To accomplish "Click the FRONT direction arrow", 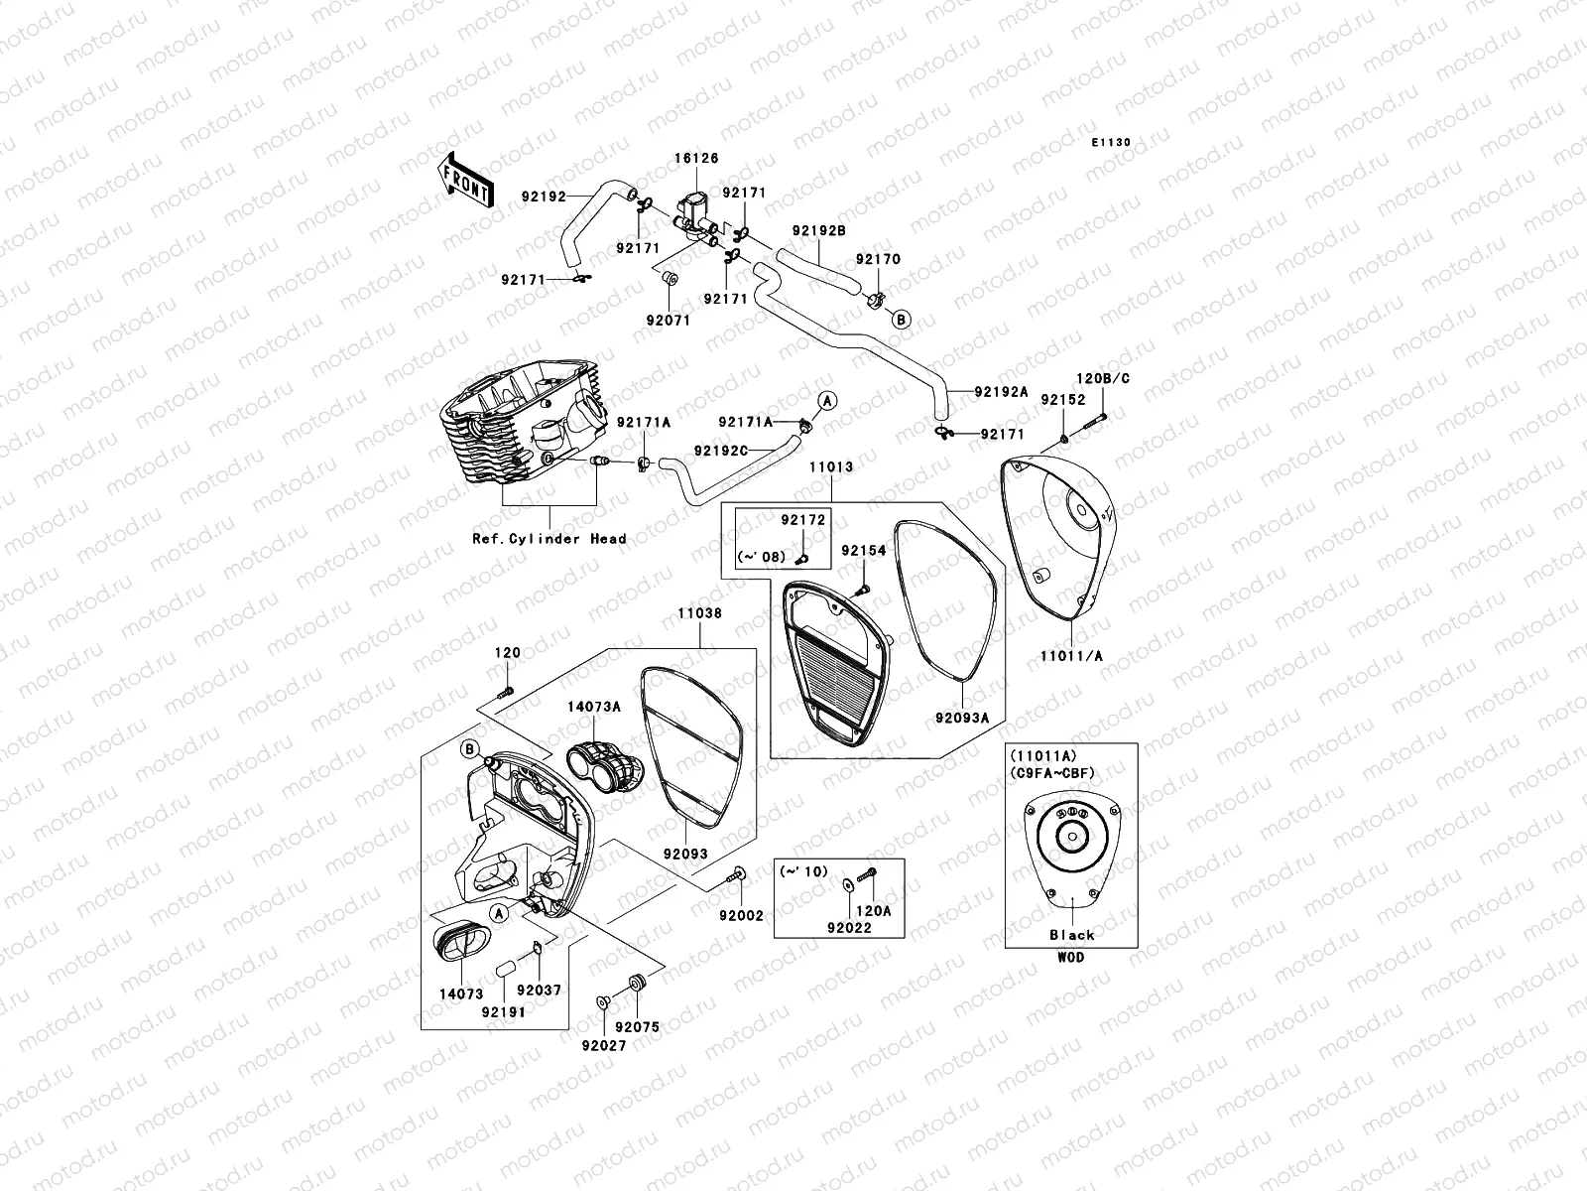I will [466, 180].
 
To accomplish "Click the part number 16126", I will [698, 159].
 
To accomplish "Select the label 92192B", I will [818, 231].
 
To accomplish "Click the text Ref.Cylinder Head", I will [549, 539].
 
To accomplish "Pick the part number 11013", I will [830, 466].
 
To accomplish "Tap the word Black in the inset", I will [1071, 935].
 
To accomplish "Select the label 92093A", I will [961, 718].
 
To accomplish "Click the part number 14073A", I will [594, 707].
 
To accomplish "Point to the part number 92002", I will [741, 916].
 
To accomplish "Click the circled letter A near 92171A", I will [826, 400].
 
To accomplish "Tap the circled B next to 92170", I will [900, 320].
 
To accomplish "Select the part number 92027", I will [603, 1045].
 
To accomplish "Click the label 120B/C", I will [1103, 379].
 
